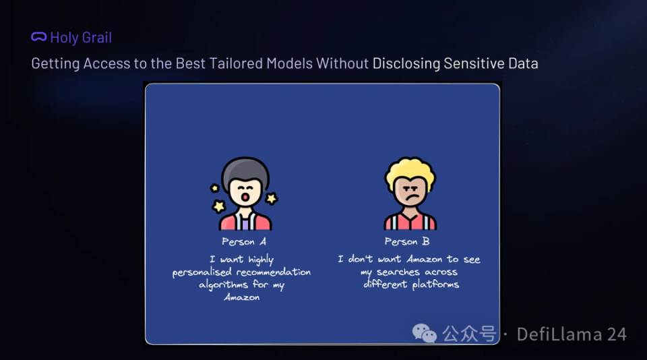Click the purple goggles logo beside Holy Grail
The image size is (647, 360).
39,37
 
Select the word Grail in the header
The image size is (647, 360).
96,38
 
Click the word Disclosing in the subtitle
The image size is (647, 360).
406,63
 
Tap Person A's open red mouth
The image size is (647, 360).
245,197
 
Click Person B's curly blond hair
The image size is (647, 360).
410,173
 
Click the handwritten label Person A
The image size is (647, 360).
244,241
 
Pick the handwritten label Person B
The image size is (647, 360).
407,241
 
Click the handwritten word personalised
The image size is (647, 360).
202,272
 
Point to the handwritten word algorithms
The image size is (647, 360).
223,285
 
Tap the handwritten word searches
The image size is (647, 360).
399,272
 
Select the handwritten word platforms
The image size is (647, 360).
435,284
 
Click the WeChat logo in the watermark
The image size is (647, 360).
424,333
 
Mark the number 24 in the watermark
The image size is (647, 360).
617,334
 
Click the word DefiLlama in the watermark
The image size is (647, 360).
559,334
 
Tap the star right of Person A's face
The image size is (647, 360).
272,199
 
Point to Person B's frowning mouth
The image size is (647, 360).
410,198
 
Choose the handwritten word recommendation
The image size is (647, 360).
273,272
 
